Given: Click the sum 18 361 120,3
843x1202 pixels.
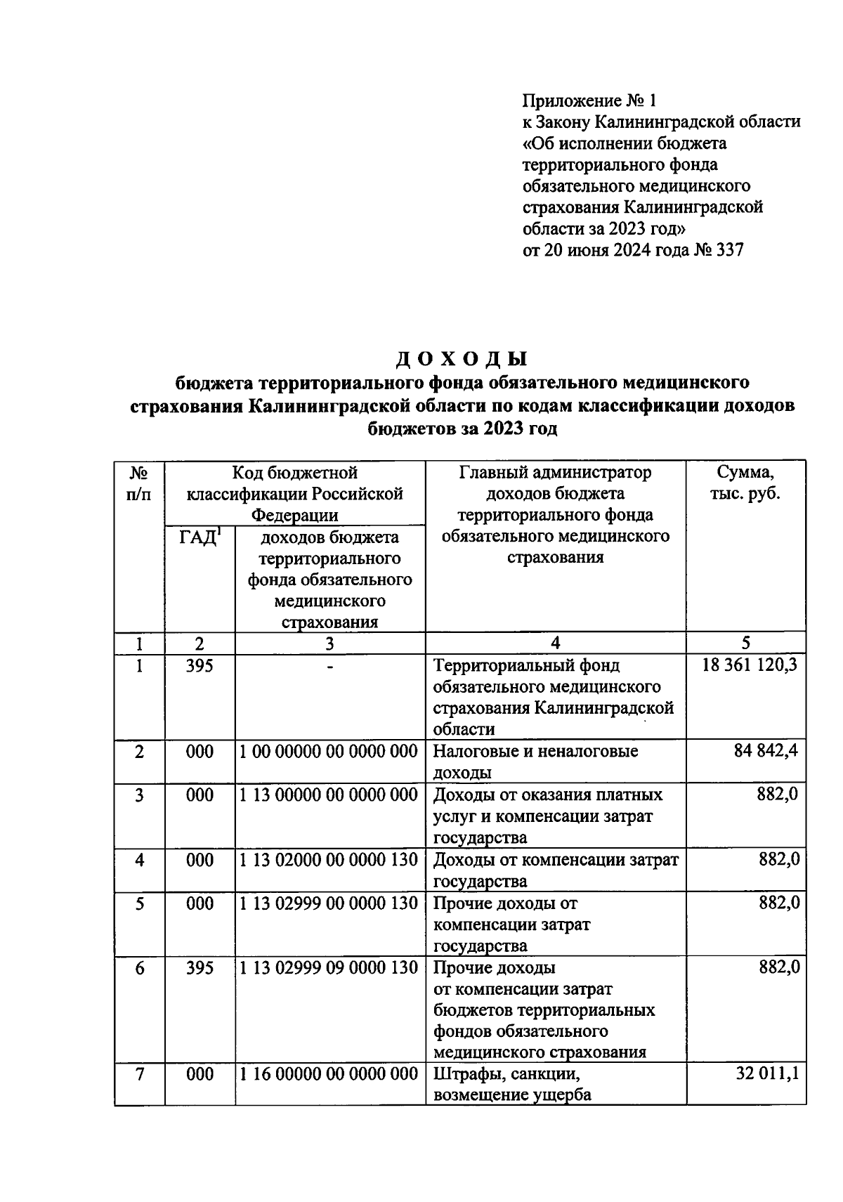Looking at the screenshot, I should tap(750, 665).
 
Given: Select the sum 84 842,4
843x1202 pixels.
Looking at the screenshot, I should tap(767, 752).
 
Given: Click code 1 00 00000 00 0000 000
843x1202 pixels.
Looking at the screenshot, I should tap(329, 752).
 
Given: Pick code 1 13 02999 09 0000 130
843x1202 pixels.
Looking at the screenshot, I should tap(329, 968).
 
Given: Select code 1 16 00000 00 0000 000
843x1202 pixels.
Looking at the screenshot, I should tap(329, 1074).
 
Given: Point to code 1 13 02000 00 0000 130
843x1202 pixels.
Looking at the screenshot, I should tap(329, 860).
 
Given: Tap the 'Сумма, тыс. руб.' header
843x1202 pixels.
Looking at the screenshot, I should tap(745, 483).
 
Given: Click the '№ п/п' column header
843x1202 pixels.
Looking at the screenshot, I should tap(139, 483).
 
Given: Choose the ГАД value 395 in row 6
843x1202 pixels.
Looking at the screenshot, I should tap(200, 968).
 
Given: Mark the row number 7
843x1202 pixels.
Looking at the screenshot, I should tap(139, 1074).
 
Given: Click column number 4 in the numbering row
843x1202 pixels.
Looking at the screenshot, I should tap(555, 644).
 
